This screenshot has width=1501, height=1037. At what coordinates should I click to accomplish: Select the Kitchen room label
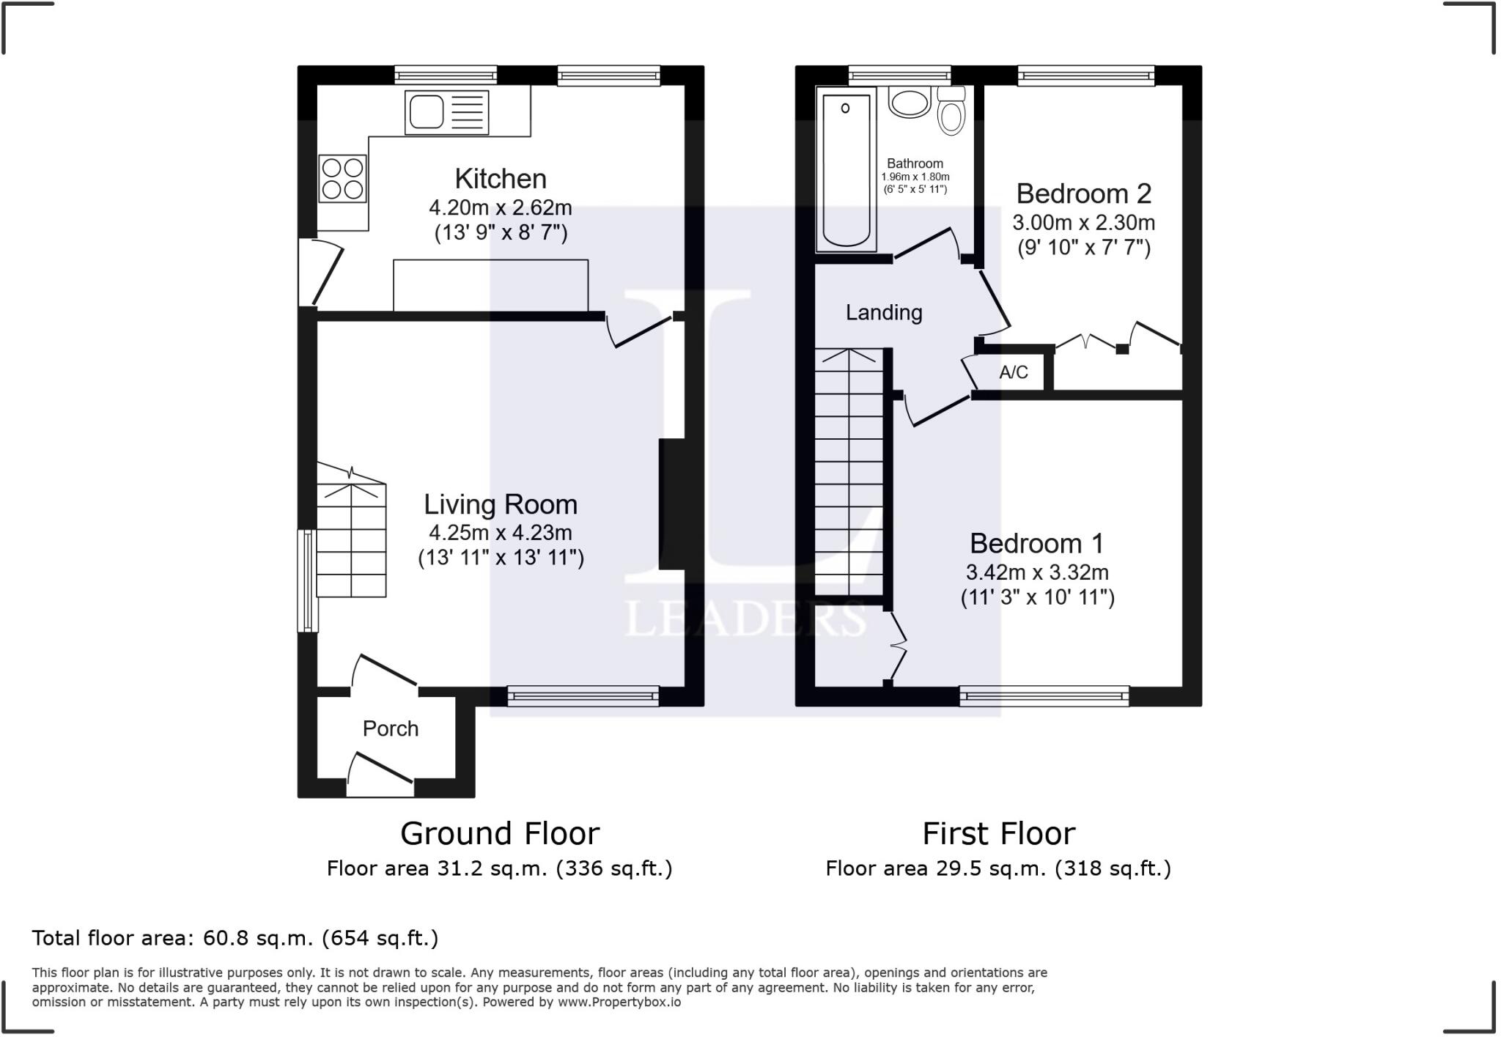501,179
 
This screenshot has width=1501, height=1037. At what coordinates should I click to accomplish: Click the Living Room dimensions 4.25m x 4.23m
501,533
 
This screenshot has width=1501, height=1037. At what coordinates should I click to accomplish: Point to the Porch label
391,728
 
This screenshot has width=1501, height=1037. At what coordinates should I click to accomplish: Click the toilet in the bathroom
951,113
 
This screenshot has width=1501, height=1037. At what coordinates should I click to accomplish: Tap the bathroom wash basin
909,103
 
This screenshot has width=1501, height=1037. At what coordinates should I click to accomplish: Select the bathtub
846,169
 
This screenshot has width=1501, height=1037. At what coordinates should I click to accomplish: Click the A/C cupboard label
1014,372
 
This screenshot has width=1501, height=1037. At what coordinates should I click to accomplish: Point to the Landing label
884,313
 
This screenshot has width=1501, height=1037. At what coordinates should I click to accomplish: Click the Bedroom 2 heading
1083,193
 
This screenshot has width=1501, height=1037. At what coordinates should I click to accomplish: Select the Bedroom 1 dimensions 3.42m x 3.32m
1037,572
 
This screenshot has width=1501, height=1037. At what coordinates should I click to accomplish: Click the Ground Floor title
500,833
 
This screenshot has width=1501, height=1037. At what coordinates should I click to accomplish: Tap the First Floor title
998,833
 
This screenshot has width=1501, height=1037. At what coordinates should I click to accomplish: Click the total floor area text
235,938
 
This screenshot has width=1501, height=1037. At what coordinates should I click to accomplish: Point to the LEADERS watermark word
744,619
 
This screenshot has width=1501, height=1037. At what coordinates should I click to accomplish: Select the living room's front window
583,695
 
